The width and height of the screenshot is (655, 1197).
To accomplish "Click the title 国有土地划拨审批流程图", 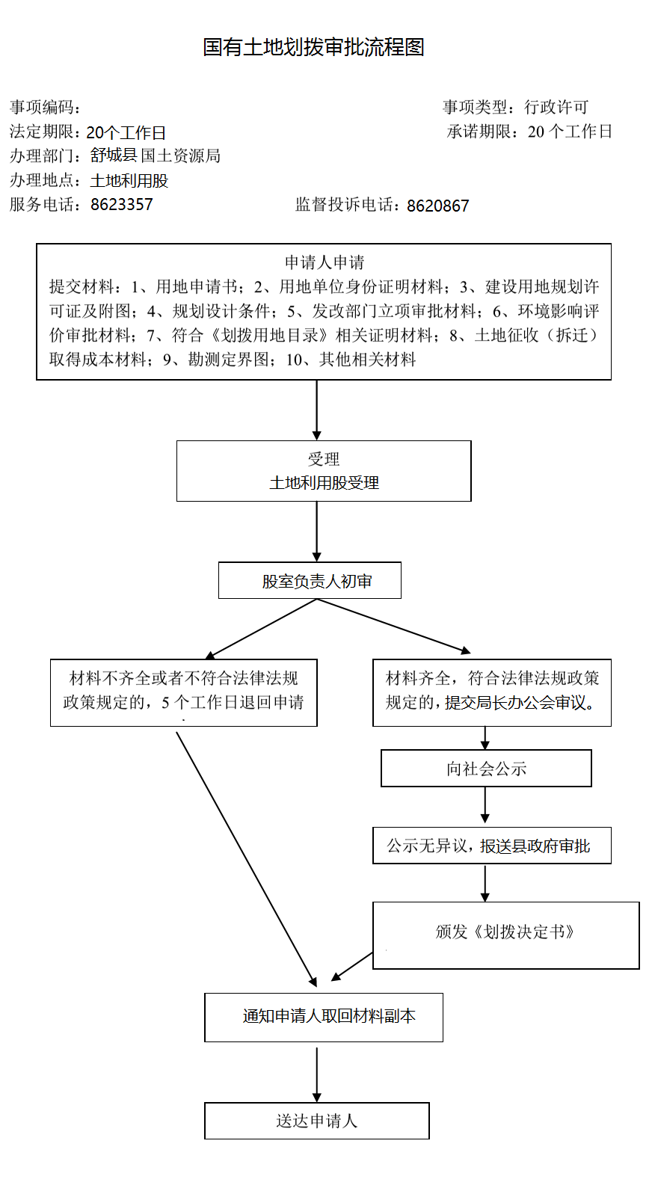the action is click(313, 47).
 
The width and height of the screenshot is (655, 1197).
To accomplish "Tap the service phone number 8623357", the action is click(122, 205).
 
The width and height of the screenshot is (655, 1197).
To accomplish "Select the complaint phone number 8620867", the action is click(438, 206).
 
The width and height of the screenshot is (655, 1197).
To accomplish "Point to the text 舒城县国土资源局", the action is click(155, 156).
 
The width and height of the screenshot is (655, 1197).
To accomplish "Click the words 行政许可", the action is click(556, 107).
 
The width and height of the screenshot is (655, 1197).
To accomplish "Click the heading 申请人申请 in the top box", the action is click(325, 262).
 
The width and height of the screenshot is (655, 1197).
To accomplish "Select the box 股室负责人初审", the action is click(310, 580).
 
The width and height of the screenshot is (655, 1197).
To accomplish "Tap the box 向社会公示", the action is click(486, 768).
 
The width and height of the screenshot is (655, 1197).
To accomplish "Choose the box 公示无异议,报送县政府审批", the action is click(492, 846).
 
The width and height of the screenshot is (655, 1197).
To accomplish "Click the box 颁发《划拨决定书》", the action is click(506, 935).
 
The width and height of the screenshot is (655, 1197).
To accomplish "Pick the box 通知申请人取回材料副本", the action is click(324, 1018).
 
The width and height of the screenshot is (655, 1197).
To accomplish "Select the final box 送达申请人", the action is click(317, 1121).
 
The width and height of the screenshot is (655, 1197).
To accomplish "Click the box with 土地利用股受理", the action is click(324, 471).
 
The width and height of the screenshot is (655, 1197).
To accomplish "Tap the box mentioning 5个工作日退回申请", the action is click(184, 692).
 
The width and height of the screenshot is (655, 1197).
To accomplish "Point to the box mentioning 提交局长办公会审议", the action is click(492, 692).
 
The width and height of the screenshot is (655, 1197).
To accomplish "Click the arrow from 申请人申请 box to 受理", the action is click(317, 410).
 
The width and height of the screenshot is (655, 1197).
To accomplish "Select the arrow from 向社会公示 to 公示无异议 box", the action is click(485, 805).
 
